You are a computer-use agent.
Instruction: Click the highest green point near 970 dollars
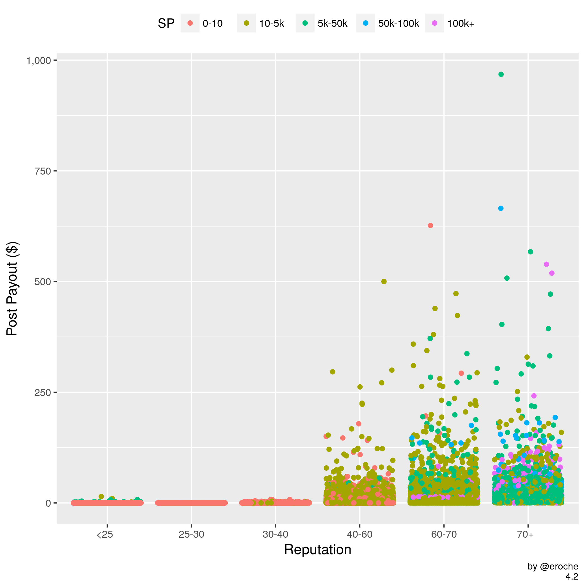tap(501, 74)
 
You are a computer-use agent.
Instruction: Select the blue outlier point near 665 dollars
tap(500, 208)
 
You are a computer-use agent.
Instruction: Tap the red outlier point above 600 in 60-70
tap(430, 226)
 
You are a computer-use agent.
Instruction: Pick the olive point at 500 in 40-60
tap(384, 282)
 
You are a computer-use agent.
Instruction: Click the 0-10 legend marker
tap(190, 23)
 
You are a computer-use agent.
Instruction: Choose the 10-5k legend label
tap(271, 23)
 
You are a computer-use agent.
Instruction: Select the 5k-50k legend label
tap(332, 23)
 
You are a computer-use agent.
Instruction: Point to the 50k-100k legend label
tap(398, 23)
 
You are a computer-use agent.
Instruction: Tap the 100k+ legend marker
tap(434, 23)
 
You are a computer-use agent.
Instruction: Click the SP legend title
tap(166, 23)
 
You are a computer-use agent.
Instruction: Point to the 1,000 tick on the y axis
tap(39, 61)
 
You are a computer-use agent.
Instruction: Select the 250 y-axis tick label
tap(43, 392)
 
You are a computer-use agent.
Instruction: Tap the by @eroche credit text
tap(553, 567)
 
